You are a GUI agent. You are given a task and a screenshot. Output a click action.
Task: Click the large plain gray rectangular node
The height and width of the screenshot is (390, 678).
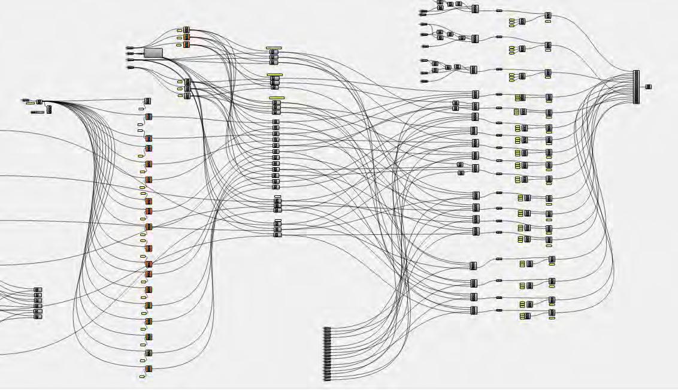point(153,53)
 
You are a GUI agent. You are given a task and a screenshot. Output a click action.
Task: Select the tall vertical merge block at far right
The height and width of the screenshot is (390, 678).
point(636,87)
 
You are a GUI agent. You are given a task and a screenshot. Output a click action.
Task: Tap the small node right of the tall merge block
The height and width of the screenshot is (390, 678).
point(648,87)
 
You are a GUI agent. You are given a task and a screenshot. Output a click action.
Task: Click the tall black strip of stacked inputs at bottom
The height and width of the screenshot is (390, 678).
point(327,353)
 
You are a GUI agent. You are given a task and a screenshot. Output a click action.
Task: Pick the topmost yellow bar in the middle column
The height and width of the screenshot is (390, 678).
point(274,47)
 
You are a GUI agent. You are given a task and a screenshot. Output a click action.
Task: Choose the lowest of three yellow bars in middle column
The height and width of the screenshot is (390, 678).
point(277,98)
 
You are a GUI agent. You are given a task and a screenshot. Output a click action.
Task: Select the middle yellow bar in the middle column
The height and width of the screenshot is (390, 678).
point(275,74)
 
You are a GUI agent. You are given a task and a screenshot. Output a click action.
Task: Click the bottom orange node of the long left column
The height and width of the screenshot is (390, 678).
point(149,368)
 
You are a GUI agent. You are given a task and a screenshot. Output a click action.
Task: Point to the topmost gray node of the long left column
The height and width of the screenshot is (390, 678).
point(148,101)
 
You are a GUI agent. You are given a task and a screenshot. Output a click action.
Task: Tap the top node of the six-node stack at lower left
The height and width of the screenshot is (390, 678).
point(38,290)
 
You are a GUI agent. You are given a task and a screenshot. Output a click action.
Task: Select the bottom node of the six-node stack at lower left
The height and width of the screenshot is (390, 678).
point(38,316)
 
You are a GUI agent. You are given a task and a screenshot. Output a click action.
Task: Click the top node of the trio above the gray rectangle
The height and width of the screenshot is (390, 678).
point(186,29)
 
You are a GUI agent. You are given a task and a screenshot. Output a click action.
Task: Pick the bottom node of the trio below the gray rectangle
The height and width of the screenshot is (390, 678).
point(187,96)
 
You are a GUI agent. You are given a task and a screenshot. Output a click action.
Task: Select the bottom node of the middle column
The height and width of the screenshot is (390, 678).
point(277,235)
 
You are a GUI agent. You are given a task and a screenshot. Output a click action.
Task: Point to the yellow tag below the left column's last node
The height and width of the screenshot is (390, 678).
point(142,377)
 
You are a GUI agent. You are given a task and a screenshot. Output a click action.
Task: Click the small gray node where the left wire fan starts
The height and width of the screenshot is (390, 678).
point(40,102)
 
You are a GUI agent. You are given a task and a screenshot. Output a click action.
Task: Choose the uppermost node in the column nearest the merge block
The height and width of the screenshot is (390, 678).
point(548,16)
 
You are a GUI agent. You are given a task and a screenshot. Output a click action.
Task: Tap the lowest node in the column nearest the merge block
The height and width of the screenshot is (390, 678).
point(552,312)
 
